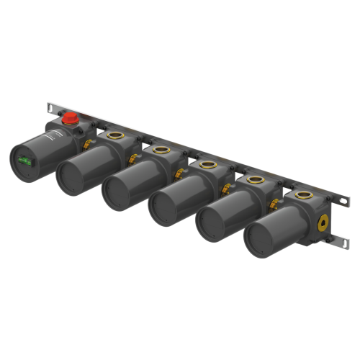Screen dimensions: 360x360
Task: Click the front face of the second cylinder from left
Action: pyautogui.click(x=71, y=175)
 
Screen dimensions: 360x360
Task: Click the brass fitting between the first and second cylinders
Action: pyautogui.click(x=86, y=146)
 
